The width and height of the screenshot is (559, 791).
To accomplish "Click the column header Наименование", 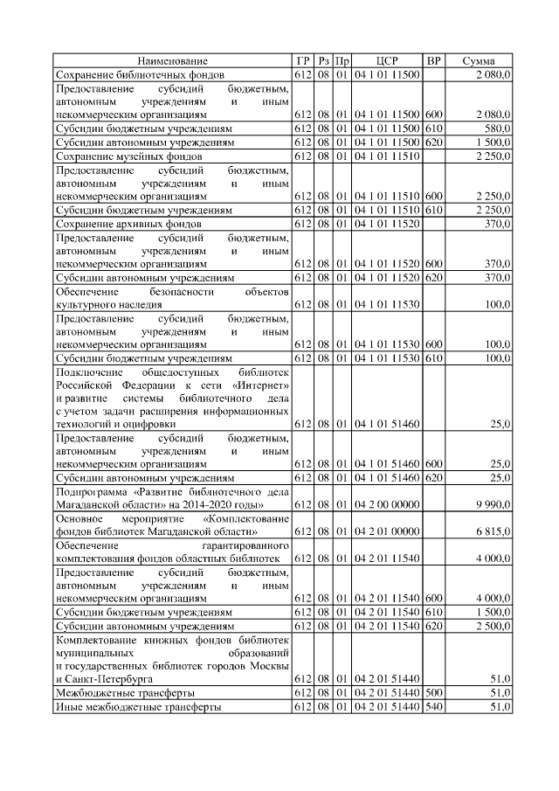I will [x=173, y=61].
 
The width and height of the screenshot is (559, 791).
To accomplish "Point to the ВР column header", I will [x=433, y=61].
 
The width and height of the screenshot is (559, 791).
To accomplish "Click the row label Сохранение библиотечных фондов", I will [x=141, y=75].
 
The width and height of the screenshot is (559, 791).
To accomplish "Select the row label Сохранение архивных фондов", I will [x=129, y=224].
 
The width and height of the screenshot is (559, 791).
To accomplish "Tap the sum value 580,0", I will [x=497, y=128].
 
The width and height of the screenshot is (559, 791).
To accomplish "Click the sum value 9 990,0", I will [x=493, y=505].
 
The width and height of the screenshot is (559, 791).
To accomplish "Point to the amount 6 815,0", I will [x=493, y=531].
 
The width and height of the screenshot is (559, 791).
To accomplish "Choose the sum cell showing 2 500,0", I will [x=493, y=627].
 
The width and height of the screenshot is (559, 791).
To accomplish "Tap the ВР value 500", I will [x=434, y=692].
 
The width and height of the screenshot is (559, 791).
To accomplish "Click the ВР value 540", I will [x=434, y=706].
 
